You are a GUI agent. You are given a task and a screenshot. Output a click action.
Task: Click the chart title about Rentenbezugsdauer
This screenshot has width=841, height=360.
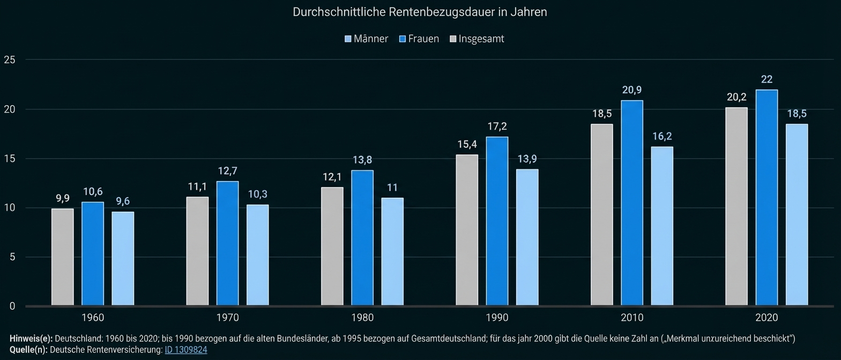(x=420, y=12)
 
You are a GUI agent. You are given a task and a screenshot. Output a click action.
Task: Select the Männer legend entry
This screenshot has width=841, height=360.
(x=366, y=39)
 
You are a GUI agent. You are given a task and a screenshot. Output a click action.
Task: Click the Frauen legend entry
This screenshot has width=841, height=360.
(x=419, y=39)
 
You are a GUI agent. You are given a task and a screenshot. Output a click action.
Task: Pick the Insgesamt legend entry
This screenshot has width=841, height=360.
(x=477, y=39)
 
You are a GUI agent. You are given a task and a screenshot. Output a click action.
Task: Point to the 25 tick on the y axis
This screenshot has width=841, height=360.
(x=9, y=60)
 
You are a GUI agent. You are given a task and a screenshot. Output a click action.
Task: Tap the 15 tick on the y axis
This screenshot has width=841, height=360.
(x=9, y=159)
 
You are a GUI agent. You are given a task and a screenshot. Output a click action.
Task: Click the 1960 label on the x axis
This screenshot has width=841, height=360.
(x=93, y=318)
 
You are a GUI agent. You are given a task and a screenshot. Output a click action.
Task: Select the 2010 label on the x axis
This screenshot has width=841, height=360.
(x=632, y=318)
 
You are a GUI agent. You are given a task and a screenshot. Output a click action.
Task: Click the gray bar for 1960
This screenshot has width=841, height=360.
(x=63, y=257)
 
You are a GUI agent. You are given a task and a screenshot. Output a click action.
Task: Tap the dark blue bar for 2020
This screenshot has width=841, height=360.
(x=766, y=198)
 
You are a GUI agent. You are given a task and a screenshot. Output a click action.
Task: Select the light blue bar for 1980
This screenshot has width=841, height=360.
(x=392, y=252)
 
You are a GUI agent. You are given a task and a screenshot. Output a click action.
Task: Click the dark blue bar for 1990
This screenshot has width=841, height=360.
(x=497, y=221)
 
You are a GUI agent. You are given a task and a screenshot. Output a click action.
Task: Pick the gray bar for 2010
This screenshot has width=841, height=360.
(x=602, y=215)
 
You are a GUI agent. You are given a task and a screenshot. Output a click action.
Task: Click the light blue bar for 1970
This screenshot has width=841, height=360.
(x=257, y=255)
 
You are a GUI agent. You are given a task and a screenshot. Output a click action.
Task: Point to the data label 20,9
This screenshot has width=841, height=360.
(x=632, y=90)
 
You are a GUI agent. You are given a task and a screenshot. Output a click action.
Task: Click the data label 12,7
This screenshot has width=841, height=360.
(x=227, y=171)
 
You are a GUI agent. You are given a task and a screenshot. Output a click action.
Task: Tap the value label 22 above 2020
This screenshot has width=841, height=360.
(x=766, y=79)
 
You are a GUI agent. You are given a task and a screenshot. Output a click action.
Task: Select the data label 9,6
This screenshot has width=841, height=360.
(x=123, y=201)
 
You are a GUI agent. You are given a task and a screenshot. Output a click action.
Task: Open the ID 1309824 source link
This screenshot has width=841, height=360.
(x=185, y=350)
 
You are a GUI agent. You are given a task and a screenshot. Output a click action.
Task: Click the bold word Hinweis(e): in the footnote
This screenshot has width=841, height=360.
(x=31, y=339)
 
